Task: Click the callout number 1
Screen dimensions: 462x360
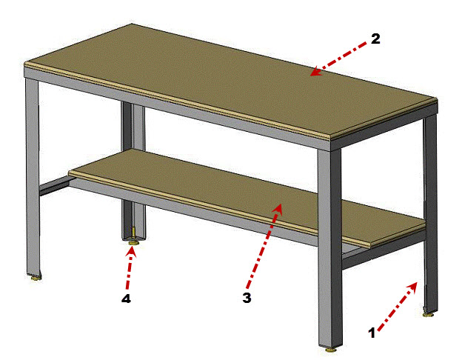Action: click(372, 333)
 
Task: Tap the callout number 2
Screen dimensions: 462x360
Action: click(375, 39)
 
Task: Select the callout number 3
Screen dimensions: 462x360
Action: click(247, 298)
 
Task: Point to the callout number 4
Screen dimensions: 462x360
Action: click(126, 299)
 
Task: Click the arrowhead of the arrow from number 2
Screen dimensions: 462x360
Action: click(315, 72)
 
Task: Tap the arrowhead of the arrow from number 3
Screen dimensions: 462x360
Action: click(278, 209)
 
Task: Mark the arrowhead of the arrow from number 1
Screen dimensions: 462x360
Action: click(413, 287)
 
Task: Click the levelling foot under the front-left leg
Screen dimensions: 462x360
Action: click(36, 278)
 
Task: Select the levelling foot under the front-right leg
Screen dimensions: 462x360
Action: click(332, 350)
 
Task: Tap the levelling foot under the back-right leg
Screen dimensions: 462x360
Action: click(429, 314)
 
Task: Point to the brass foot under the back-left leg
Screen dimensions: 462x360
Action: click(135, 243)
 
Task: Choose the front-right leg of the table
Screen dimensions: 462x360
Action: click(330, 247)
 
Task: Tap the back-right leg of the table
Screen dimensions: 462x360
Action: click(431, 213)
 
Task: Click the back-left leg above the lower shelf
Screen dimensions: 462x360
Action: click(134, 127)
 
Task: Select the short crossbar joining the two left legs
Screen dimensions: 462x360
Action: click(54, 187)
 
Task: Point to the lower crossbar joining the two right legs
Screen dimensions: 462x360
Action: click(384, 251)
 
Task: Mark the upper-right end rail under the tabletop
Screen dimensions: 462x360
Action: click(384, 126)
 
